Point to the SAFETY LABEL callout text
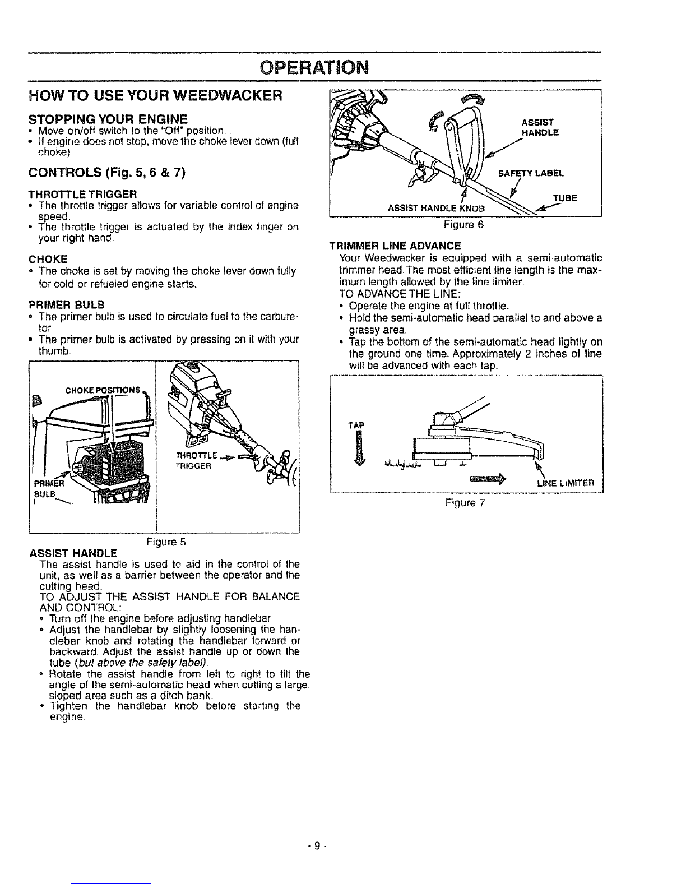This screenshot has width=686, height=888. click(544, 173)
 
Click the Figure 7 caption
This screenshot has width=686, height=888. click(465, 503)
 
